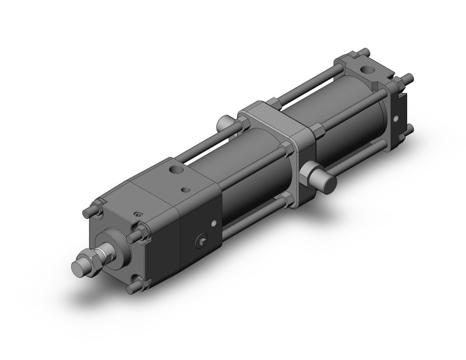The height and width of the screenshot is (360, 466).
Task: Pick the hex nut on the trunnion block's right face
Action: click(x=317, y=131)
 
